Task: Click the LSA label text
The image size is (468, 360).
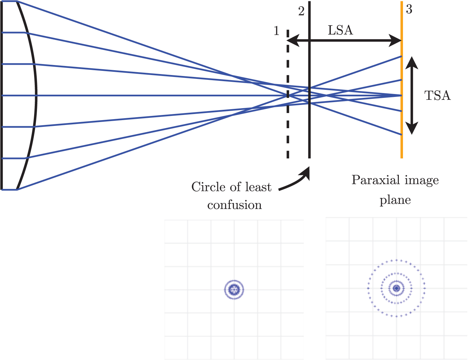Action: pos(340,30)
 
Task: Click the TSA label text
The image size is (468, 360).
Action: pos(437,96)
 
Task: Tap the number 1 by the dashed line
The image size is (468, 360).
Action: pos(276,31)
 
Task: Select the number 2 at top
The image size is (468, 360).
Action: pos(301,11)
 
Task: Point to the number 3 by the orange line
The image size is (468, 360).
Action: pos(409,10)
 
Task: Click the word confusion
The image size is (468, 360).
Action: pos(234,205)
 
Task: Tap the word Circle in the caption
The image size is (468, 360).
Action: pos(204,187)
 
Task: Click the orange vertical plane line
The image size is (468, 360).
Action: pos(402,145)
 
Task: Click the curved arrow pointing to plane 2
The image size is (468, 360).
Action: pos(296,182)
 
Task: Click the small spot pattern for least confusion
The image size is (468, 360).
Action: pos(234,290)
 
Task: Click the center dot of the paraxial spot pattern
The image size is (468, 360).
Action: pos(397,288)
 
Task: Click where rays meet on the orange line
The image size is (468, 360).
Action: pos(401,96)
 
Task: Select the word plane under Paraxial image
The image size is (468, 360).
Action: pos(395,200)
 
